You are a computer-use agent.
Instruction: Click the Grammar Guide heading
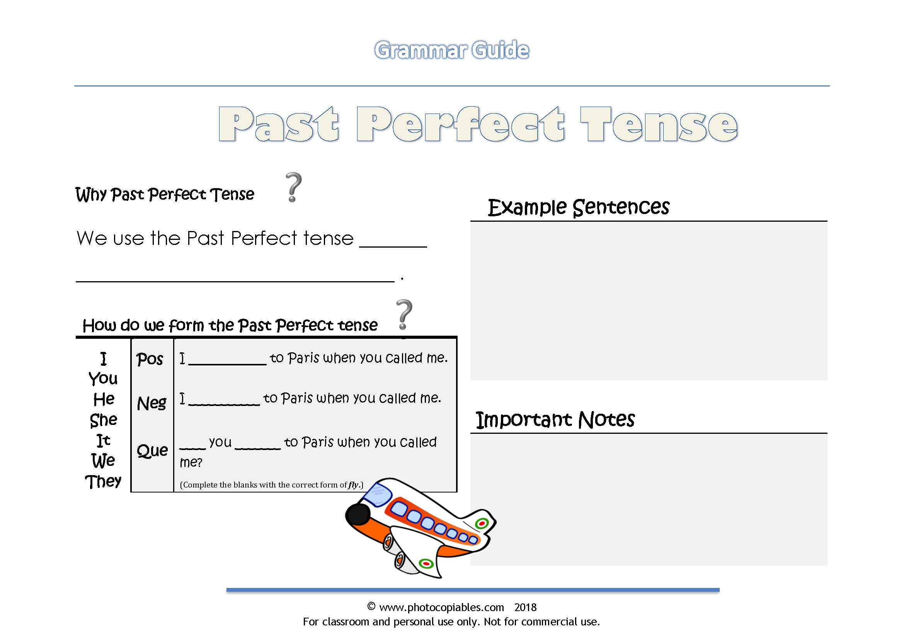point(451,50)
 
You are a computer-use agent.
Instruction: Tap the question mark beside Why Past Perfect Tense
point(293,187)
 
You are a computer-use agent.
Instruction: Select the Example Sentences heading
point(578,207)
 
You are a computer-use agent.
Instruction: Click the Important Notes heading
point(555,420)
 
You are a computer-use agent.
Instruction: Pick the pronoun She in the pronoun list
point(104,420)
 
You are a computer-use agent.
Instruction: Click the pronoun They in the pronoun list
point(103,481)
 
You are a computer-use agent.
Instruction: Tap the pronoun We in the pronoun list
point(103,460)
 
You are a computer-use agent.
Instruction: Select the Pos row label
point(150,359)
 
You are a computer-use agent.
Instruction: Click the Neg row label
point(152,403)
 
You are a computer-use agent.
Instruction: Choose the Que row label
point(152,450)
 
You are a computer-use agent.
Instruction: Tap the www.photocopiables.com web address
point(441,607)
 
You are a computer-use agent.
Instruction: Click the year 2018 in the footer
point(525,607)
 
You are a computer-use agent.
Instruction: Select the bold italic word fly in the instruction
point(353,485)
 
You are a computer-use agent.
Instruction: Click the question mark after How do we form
point(404,314)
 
